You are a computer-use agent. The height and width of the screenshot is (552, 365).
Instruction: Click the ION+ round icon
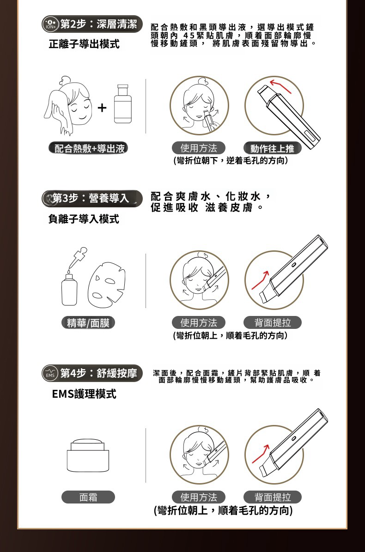[50, 24]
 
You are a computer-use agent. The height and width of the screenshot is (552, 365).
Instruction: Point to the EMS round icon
[50, 374]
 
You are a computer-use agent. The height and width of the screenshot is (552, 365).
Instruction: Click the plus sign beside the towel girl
[102, 107]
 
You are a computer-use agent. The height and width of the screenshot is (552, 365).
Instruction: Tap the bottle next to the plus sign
[123, 104]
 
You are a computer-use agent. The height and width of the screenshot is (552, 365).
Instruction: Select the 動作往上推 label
[272, 148]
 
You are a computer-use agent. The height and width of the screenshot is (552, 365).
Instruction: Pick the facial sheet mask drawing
[106, 285]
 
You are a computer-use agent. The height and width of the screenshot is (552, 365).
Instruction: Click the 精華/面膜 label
[88, 323]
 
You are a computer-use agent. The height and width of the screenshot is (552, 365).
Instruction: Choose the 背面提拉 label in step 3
[273, 323]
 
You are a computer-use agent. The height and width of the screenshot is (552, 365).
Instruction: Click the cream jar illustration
[88, 455]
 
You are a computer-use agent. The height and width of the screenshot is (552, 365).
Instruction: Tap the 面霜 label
[88, 497]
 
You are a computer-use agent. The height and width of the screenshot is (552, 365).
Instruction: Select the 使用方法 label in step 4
[199, 497]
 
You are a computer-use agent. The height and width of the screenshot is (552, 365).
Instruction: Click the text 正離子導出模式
[84, 44]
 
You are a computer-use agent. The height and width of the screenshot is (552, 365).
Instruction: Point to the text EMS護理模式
[84, 394]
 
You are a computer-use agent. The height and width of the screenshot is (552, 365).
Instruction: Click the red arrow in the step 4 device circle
[261, 454]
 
